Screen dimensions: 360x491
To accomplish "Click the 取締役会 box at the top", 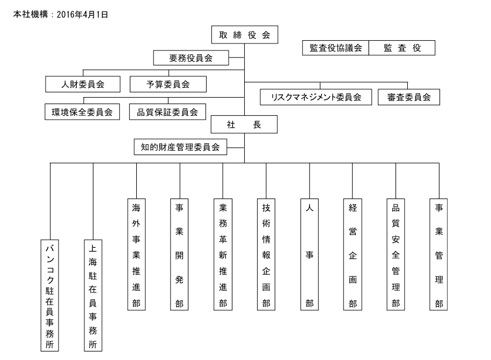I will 244,36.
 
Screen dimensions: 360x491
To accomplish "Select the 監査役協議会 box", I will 335,48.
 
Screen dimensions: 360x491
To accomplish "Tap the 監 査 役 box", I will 401,48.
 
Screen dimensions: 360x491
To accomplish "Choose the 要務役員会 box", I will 191,58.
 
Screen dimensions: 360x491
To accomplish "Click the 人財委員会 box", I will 83,84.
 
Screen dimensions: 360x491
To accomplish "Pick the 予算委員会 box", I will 168,84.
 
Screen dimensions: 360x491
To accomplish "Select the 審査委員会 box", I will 408,97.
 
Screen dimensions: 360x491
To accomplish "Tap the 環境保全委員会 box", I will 83,112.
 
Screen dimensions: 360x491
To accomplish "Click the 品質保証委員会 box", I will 167,112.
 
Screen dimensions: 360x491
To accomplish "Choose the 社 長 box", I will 244,125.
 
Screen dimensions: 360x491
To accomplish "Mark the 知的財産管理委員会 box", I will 180,146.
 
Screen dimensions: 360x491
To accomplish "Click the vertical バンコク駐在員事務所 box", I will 50,295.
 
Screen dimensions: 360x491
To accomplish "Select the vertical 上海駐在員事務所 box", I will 93,295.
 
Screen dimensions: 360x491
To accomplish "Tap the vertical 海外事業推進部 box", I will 136,254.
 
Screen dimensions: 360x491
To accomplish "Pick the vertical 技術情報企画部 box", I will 266,254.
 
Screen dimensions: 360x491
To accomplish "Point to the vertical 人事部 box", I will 310,254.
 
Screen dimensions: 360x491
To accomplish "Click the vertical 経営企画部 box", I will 353,254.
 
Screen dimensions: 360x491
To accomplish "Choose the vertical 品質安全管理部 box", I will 395,254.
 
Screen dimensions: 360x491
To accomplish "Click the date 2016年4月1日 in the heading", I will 86,15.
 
